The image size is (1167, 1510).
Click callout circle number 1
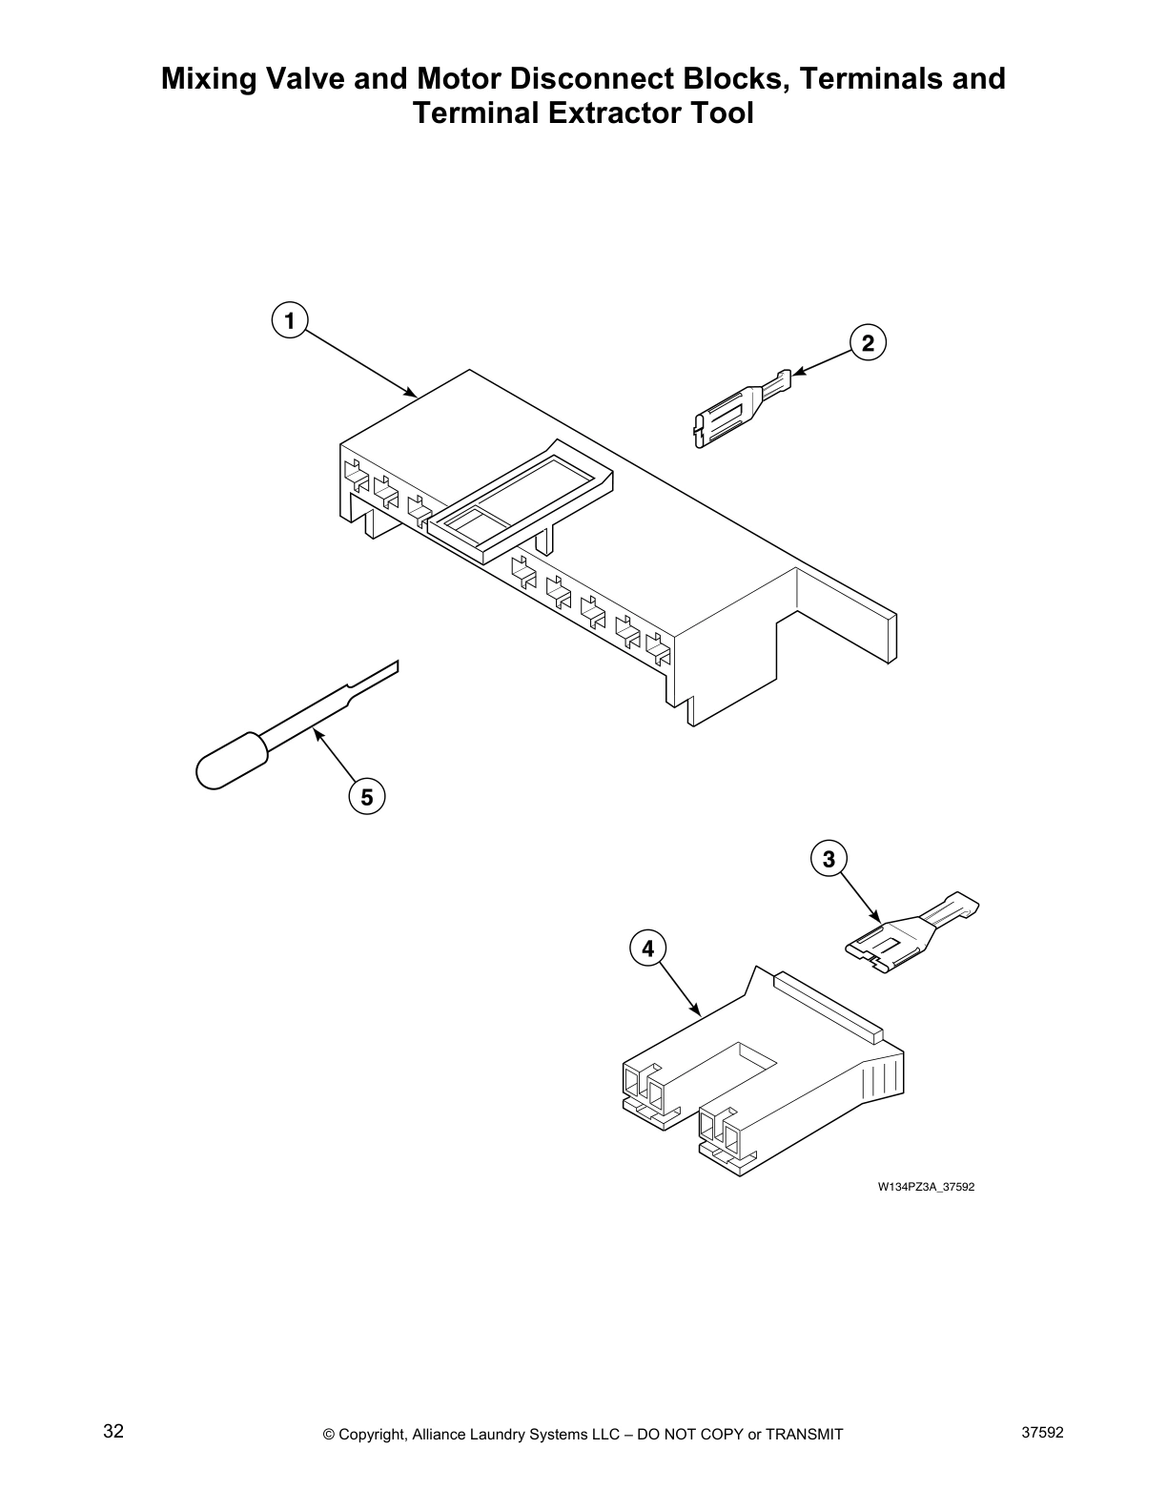point(288,320)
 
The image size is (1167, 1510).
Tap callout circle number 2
point(868,342)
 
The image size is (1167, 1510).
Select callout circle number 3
point(829,860)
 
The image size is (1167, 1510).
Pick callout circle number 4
point(648,949)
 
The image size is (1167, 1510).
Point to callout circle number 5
point(367,795)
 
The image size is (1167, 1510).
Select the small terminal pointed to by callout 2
point(739,408)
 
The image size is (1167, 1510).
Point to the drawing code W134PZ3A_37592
point(926,1187)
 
